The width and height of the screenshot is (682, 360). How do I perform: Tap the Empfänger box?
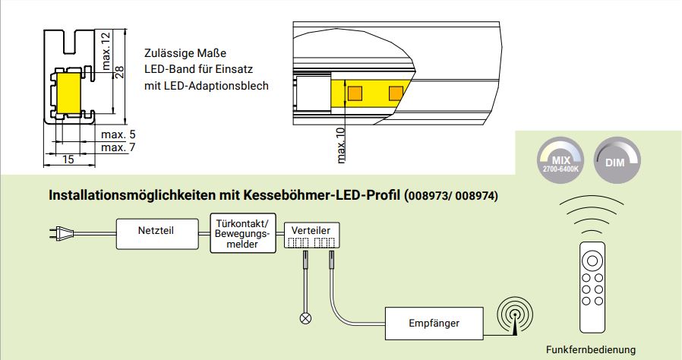coord(434,324)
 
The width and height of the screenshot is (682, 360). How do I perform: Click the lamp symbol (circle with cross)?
coord(306,317)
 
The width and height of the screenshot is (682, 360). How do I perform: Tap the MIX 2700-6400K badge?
coord(561,161)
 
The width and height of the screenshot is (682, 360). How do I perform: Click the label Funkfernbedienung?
coord(590,349)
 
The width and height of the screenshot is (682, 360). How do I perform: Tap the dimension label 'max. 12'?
coord(106,50)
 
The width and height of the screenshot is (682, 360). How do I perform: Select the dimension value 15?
coord(68,159)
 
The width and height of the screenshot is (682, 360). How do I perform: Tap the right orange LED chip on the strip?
coord(395,93)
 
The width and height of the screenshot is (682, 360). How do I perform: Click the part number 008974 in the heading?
coord(475,196)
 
